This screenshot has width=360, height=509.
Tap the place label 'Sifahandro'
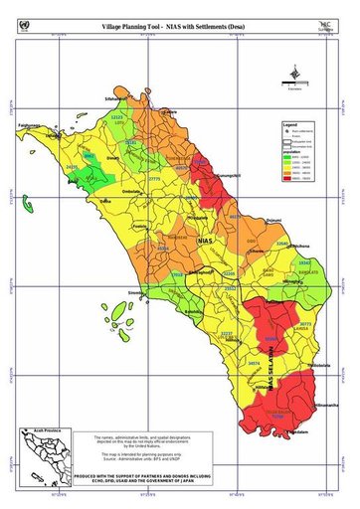tap(116, 100)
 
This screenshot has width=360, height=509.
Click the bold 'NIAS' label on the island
tap(205, 241)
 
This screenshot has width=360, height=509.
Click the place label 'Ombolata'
tap(131, 191)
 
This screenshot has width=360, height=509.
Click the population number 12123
tap(117, 116)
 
